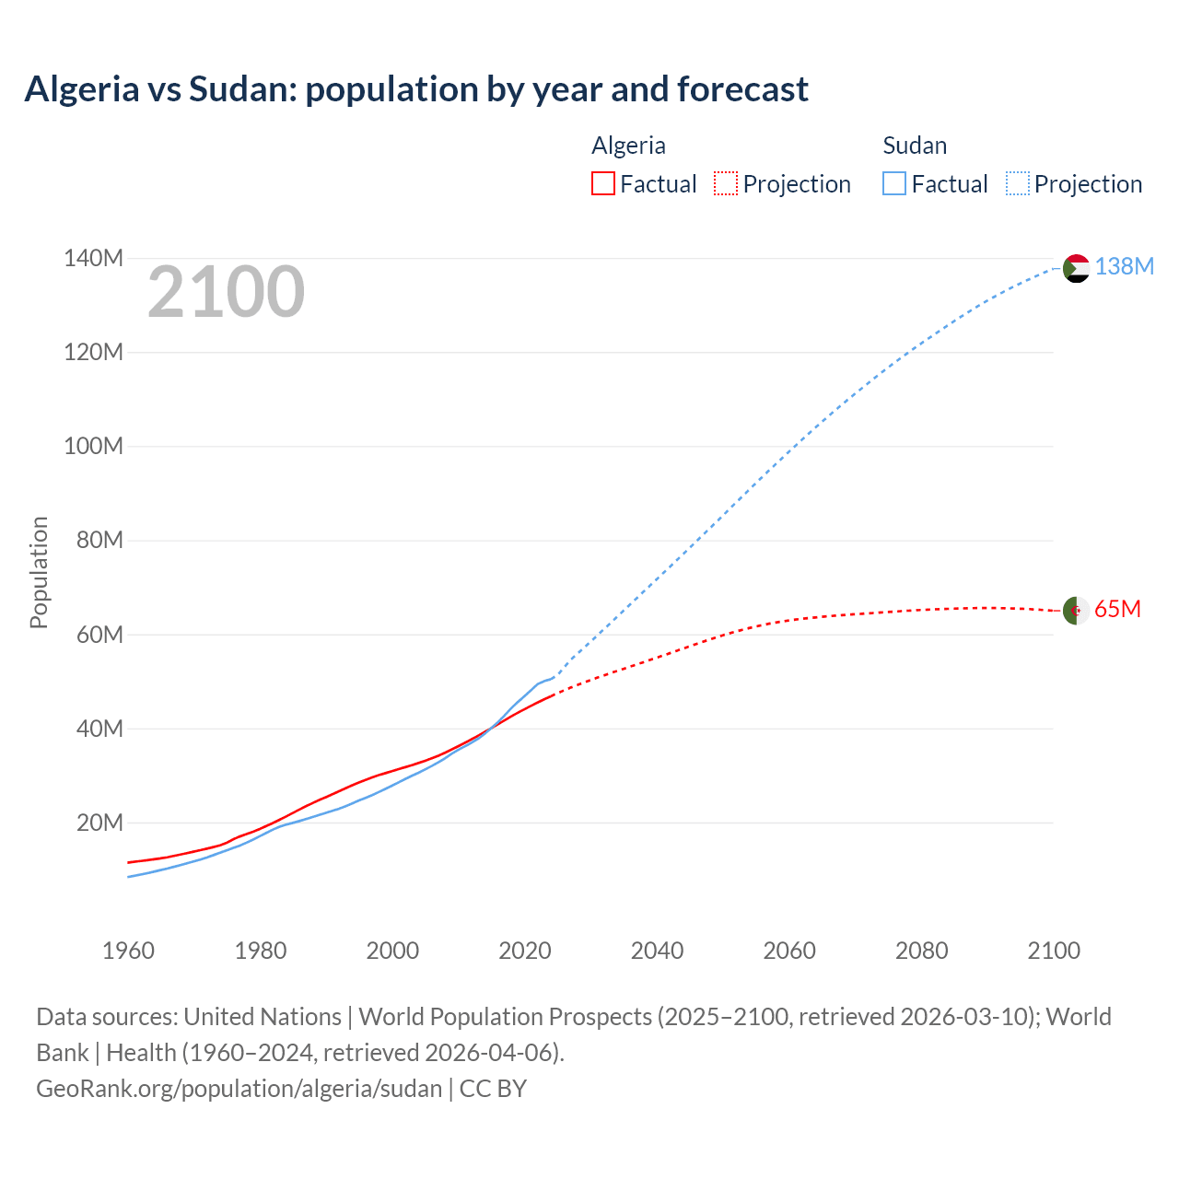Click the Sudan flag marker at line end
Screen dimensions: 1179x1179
click(x=1076, y=268)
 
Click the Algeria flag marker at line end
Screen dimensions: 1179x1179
click(x=1076, y=610)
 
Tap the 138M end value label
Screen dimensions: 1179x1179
click(x=1124, y=266)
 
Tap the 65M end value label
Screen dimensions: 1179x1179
click(x=1117, y=609)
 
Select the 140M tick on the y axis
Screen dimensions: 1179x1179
click(x=93, y=258)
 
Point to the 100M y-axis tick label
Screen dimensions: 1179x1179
click(x=93, y=446)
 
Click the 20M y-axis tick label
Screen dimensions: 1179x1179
click(x=99, y=823)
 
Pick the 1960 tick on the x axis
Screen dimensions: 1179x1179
click(x=128, y=951)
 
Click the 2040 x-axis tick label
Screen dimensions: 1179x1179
click(x=657, y=951)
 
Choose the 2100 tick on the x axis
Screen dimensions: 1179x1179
click(x=1054, y=951)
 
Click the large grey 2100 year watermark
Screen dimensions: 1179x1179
click(x=226, y=292)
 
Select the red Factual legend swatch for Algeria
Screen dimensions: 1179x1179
click(x=602, y=183)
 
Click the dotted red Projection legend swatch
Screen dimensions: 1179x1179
click(x=726, y=183)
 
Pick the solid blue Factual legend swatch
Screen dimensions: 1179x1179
click(x=893, y=183)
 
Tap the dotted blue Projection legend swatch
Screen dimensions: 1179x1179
click(x=1017, y=183)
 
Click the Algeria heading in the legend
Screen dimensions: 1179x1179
click(x=628, y=146)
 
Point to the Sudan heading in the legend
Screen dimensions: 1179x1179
click(x=915, y=146)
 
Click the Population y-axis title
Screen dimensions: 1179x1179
click(x=39, y=572)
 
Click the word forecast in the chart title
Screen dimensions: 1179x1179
click(x=742, y=89)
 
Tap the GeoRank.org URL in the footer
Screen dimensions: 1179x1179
click(x=239, y=1088)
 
